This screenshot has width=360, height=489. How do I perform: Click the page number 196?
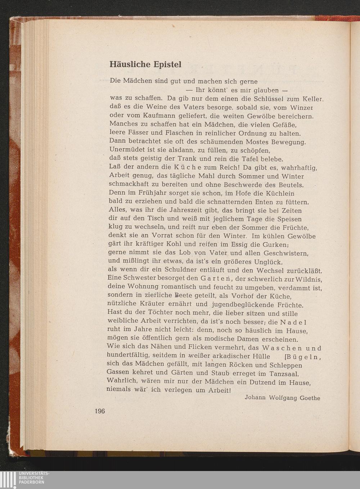[x=98, y=411]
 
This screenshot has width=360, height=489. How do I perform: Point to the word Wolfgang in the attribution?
[x=279, y=398]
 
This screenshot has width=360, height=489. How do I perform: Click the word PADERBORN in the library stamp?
[x=31, y=482]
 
